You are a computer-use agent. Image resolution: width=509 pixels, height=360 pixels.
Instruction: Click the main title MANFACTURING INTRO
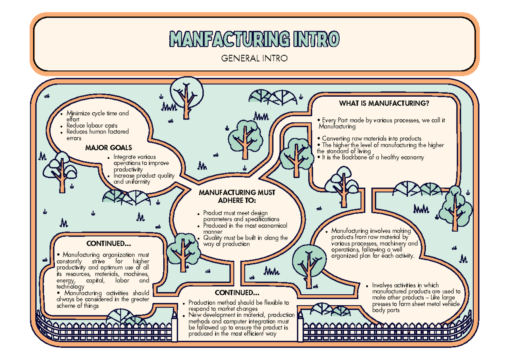[254, 39]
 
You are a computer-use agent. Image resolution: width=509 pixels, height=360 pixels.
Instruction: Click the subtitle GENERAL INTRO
[254, 59]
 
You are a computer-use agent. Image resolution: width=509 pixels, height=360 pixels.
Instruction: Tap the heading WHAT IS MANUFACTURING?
[384, 103]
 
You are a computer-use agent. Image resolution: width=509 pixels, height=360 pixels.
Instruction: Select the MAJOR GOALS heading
[109, 148]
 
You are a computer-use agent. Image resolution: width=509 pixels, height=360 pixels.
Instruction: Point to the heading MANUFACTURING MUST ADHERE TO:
[237, 196]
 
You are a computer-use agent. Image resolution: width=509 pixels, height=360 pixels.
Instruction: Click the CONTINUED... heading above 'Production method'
[237, 293]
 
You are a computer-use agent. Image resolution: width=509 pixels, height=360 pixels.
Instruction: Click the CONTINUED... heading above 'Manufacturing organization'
[109, 243]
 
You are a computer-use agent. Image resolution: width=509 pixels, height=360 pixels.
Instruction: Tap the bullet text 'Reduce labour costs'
[92, 126]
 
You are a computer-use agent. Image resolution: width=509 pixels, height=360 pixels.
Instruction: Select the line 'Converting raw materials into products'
[372, 139]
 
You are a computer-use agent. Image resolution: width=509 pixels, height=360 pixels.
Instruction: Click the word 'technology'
[70, 287]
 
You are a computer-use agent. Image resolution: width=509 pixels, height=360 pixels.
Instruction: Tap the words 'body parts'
[386, 310]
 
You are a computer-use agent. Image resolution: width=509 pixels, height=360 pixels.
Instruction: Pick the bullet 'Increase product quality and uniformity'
[144, 179]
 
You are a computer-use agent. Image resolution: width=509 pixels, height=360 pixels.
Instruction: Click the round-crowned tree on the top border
[187, 98]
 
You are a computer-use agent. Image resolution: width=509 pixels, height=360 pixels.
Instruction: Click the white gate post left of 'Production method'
[174, 327]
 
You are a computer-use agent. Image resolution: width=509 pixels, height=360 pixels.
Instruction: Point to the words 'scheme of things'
[78, 306]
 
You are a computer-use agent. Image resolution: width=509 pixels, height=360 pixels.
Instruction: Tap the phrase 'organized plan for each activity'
[373, 256]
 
